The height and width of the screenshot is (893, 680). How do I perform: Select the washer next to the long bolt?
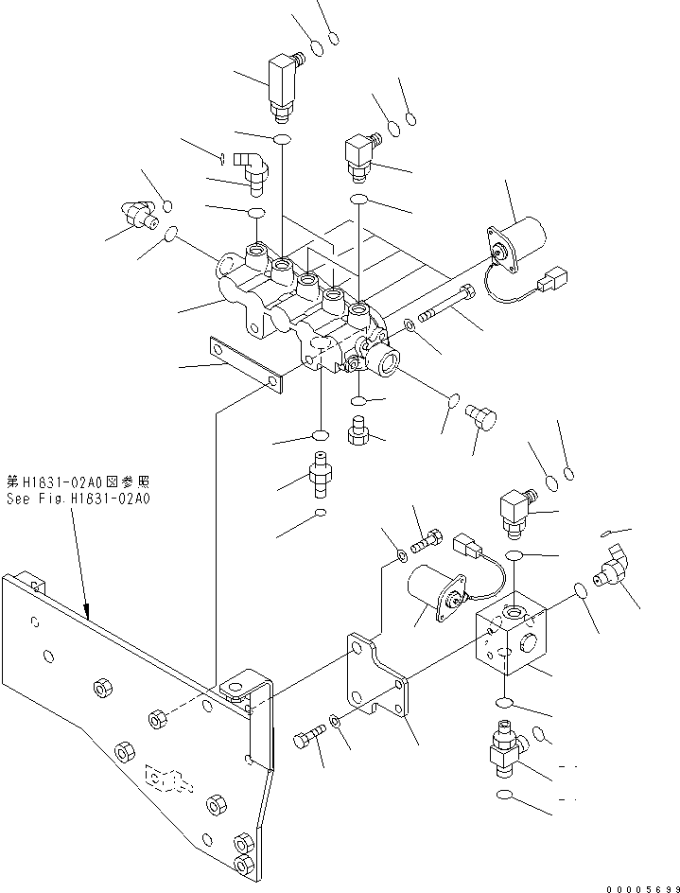(408, 327)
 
